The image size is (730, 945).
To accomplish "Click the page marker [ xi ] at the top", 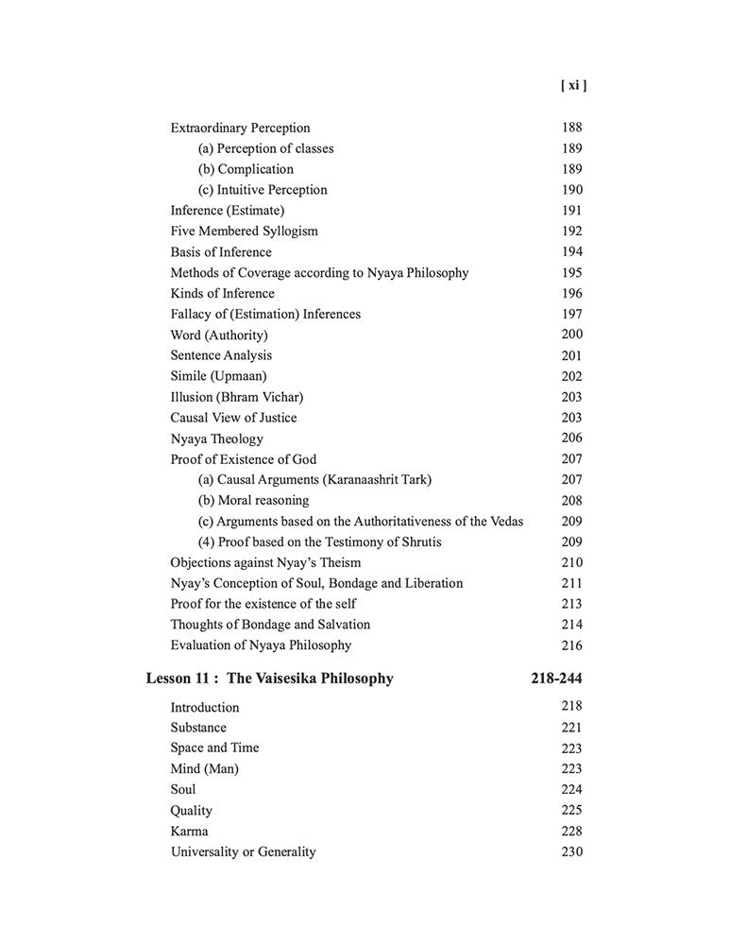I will (572, 86).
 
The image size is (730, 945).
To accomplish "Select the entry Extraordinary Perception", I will (240, 128).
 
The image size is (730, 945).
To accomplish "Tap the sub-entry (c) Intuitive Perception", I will (263, 190).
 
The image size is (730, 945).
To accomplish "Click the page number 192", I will (571, 232).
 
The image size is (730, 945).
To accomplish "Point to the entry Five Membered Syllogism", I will (244, 232).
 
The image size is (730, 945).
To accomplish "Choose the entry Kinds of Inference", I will (222, 293).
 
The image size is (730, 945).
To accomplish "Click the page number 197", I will (571, 314).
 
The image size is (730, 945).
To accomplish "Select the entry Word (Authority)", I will (218, 335).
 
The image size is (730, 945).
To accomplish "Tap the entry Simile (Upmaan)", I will (218, 376).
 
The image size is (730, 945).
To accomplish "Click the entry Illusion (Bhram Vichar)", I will (236, 397).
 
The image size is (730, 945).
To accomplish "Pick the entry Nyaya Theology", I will (216, 438).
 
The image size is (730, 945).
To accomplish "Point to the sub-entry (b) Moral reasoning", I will (253, 501).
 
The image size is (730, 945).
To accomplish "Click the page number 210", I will (571, 563).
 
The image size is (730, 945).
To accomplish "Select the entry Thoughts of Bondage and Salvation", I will (270, 625).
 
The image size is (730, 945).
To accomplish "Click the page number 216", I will (571, 646).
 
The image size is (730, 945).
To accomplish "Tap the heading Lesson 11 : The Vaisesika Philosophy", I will (269, 679).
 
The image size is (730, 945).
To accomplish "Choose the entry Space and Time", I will (214, 748).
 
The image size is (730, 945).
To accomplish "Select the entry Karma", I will (189, 832).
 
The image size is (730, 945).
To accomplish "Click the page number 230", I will (571, 852).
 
